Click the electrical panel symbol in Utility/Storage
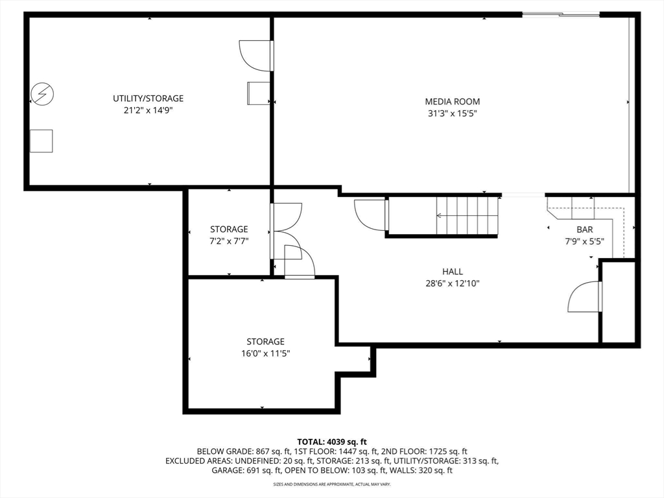[x=42, y=93]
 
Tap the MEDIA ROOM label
[x=452, y=102]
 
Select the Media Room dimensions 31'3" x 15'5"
[x=452, y=113]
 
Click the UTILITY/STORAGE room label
[x=148, y=99]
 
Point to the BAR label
[x=584, y=230]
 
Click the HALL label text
[x=452, y=272]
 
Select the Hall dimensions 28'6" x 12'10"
[x=452, y=283]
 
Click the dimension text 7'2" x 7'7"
[x=229, y=241]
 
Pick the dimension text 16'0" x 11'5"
[x=265, y=353]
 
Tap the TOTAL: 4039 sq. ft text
[x=331, y=442]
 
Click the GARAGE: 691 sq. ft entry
[x=246, y=470]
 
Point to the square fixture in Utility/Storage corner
[x=41, y=141]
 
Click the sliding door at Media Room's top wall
[x=561, y=15]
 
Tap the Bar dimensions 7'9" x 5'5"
[x=584, y=241]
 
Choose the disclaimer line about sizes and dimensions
[x=331, y=484]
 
